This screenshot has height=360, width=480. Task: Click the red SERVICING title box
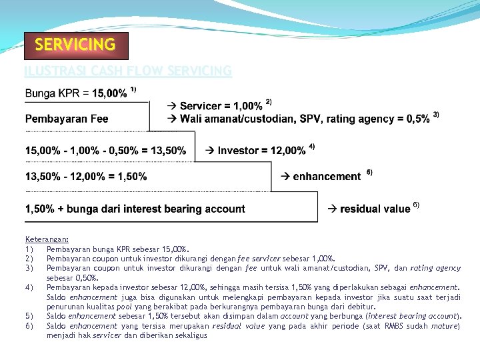click(x=75, y=45)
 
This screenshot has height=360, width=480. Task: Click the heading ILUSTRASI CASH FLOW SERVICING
click(x=127, y=71)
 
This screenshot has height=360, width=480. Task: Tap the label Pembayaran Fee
click(x=67, y=119)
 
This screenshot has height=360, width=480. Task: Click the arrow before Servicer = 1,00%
click(x=171, y=107)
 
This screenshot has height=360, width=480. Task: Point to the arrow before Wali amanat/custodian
click(x=171, y=119)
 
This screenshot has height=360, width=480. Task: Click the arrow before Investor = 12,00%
click(x=209, y=151)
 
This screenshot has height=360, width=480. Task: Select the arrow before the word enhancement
click(x=285, y=177)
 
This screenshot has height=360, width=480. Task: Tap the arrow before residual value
click(x=332, y=209)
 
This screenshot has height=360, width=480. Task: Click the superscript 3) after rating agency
click(x=436, y=115)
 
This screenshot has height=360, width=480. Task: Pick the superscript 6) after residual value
click(x=416, y=204)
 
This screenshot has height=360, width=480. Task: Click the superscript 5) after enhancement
click(x=369, y=172)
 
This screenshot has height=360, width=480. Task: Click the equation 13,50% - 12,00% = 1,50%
click(x=86, y=177)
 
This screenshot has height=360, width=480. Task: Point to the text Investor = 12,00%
click(x=261, y=151)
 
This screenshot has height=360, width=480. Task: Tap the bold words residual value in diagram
click(x=375, y=209)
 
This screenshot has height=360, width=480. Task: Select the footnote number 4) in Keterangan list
click(x=29, y=287)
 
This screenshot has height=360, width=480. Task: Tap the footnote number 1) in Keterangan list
click(x=29, y=249)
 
